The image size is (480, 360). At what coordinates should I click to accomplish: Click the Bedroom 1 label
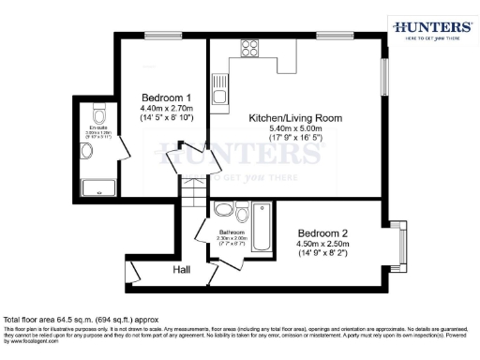167,97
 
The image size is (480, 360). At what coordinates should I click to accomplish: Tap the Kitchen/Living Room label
294,118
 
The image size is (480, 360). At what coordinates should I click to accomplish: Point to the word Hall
184,270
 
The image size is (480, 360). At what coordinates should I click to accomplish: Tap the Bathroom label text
232,232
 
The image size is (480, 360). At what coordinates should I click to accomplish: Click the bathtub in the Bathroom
262,229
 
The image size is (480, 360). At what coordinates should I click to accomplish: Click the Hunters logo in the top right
430,29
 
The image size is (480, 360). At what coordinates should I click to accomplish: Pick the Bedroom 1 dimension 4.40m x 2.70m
167,109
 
